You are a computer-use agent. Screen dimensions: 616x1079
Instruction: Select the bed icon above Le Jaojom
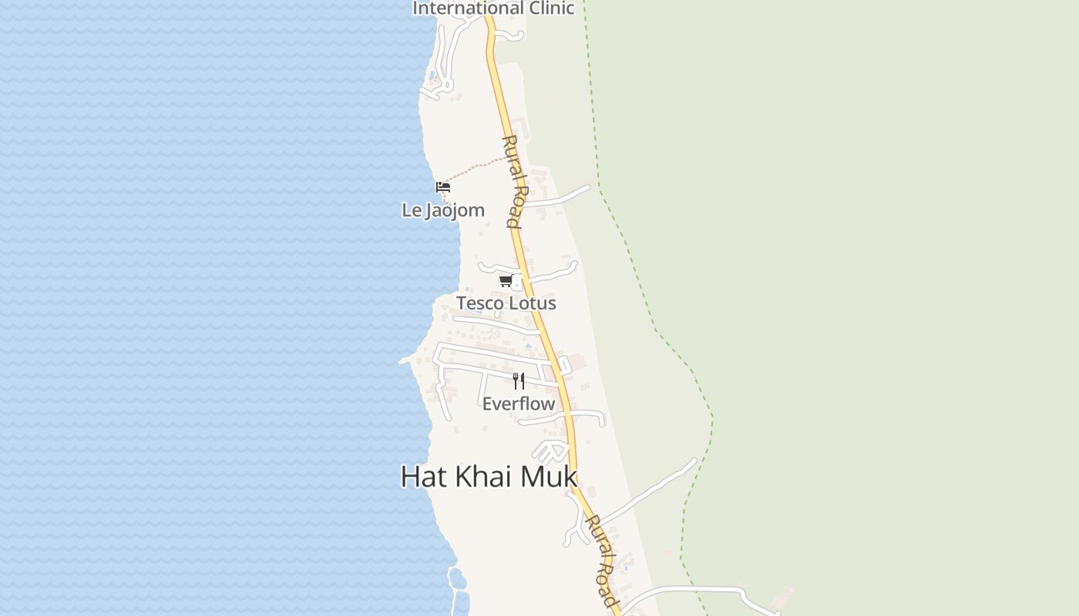[x=442, y=187]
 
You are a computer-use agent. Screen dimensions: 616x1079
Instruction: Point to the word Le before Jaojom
[x=410, y=210]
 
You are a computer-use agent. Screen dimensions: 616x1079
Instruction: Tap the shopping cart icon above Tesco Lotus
[x=506, y=281]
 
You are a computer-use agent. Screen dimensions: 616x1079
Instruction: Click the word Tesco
[x=482, y=303]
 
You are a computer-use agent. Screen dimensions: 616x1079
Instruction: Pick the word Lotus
[x=533, y=303]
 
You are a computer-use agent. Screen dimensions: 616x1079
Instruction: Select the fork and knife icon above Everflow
[x=519, y=380]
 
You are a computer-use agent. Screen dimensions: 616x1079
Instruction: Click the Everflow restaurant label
[x=519, y=403]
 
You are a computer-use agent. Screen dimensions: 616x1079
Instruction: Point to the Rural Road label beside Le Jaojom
[x=514, y=182]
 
